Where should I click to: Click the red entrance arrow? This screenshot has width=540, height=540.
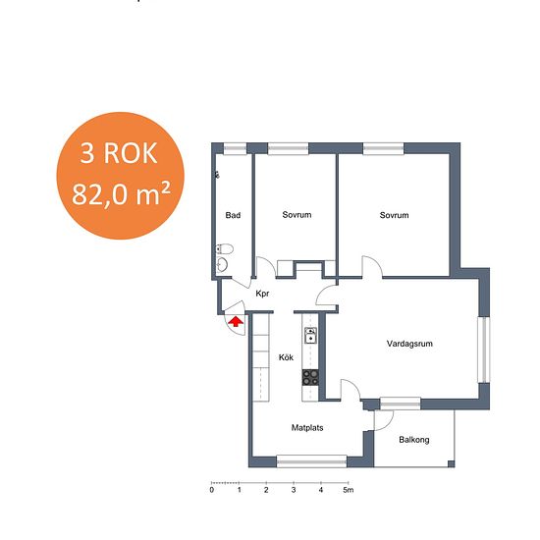[x=236, y=322]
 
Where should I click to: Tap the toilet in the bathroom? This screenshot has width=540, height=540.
[x=225, y=248]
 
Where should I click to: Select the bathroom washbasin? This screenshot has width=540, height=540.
[x=222, y=265]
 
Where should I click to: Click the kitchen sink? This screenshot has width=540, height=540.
[x=310, y=336]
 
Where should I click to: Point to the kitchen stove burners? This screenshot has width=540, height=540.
[x=310, y=377]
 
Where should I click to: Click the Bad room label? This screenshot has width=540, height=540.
[x=233, y=216]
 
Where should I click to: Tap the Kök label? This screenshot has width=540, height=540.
[x=286, y=357]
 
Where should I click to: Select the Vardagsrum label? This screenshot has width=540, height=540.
[x=409, y=344]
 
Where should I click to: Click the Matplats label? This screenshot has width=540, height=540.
[x=307, y=428]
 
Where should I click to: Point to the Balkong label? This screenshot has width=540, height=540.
[x=414, y=440]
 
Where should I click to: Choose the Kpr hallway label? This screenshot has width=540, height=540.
[x=262, y=294]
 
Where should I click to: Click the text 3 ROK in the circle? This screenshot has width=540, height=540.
[x=119, y=153]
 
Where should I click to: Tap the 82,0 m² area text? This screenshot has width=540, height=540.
[x=121, y=193]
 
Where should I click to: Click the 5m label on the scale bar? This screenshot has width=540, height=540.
[x=349, y=490]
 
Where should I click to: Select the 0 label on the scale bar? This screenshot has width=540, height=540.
[x=211, y=490]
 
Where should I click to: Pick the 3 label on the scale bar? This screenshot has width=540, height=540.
[x=294, y=490]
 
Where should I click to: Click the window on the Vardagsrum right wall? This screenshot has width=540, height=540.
[x=484, y=350]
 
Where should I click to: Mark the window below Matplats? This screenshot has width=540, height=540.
[x=311, y=461]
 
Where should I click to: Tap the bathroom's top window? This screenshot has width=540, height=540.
[x=236, y=149]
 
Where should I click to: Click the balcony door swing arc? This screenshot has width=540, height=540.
[x=389, y=424]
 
